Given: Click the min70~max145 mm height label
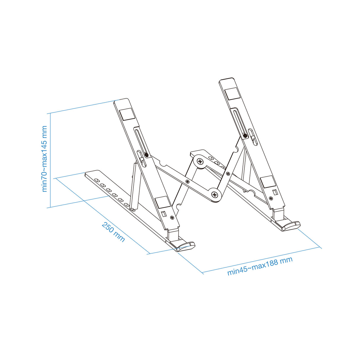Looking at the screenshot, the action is pos(45,159).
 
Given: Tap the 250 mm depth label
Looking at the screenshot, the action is pos(113,232).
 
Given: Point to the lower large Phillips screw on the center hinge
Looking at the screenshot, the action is pos(215,195).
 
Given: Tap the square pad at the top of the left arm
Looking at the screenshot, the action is pos(127,114).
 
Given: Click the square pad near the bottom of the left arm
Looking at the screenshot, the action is pos(163,202).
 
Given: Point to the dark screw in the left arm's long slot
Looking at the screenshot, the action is pos(146,155).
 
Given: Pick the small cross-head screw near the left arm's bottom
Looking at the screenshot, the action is pos(172,217).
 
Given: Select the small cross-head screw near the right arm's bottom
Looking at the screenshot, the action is pos(271,198).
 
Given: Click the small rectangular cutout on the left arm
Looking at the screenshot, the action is pos(164,214).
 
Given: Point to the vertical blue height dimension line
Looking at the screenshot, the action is pos(50,160).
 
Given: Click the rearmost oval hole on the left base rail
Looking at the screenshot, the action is pos(97,180).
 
